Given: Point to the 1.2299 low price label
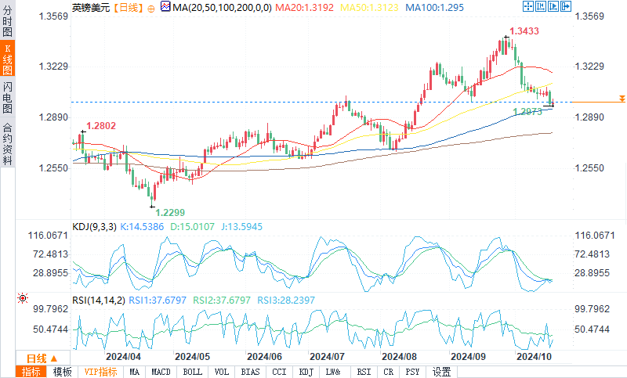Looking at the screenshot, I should point(170,212).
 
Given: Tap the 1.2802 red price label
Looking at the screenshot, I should point(101,125).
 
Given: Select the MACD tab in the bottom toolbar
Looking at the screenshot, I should point(161,372).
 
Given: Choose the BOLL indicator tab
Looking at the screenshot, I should point(192,372).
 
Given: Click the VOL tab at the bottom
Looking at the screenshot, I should point(222,372).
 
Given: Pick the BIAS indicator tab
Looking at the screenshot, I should point(251,372).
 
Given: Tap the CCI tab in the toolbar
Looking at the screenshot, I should point(279,372).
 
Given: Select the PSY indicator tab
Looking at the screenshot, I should point(412,372).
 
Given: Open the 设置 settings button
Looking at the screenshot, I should point(441,372).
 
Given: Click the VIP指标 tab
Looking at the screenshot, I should point(101,372).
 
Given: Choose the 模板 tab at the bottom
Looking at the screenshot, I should point(63,372).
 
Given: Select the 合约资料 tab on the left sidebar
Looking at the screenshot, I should point(8,144).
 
